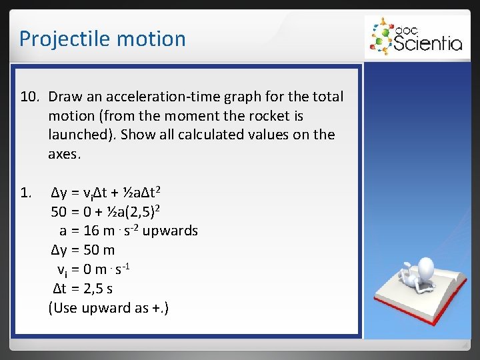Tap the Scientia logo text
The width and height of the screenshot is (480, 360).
[427, 43]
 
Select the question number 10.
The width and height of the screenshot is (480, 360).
[31, 97]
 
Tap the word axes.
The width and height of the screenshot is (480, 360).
[64, 154]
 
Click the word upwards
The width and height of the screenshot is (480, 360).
[171, 231]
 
